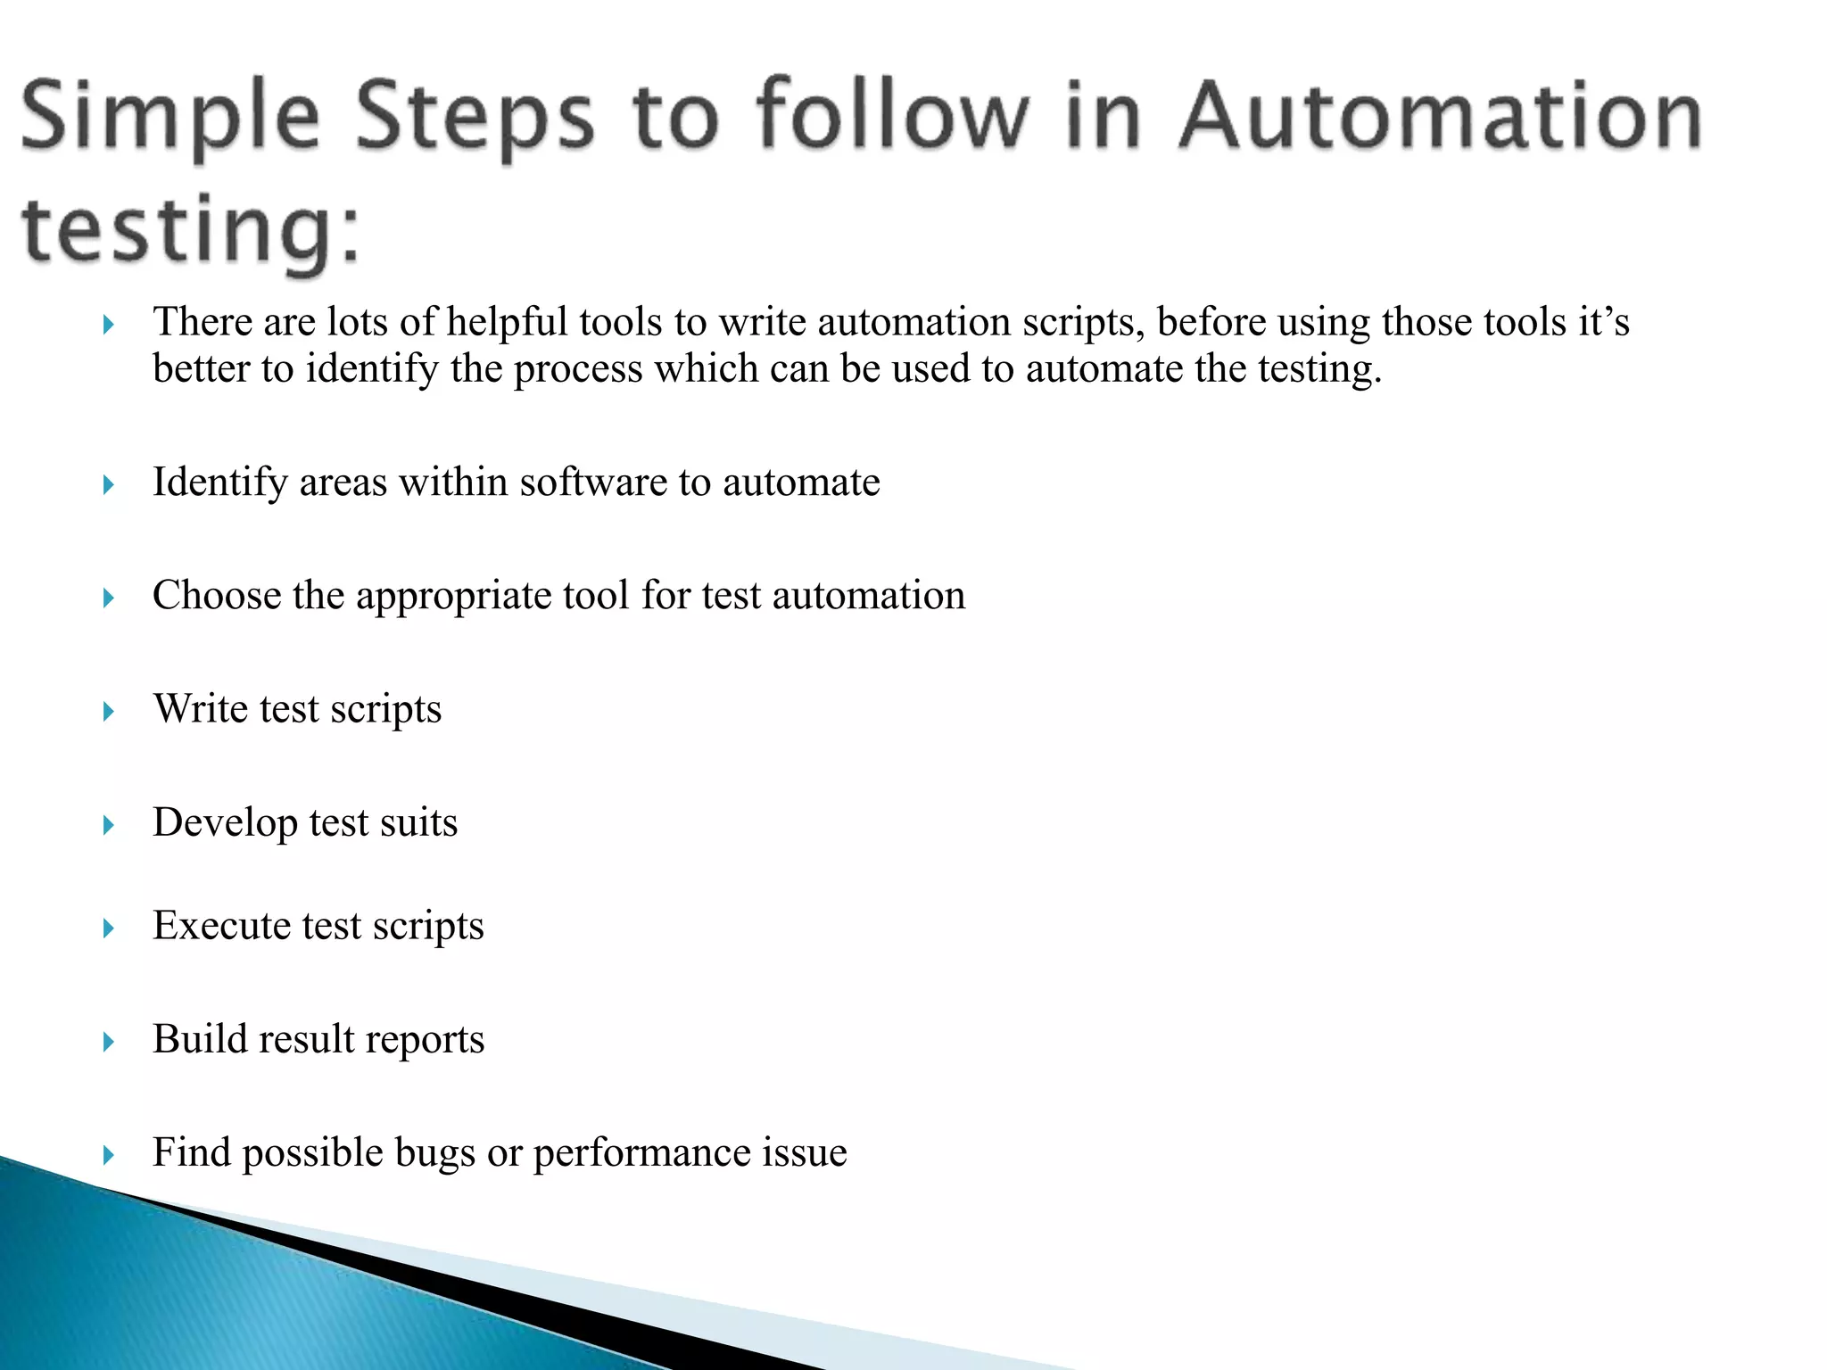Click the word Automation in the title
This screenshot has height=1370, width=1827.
point(1440,117)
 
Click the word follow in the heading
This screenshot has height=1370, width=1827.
point(893,115)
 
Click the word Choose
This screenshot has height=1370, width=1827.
point(216,595)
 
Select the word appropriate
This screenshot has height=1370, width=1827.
point(453,597)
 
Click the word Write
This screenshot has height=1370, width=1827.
point(200,709)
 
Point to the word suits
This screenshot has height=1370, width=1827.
point(418,822)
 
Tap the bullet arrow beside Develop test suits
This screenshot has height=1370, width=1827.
point(109,825)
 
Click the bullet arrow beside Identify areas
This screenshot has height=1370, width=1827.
point(109,485)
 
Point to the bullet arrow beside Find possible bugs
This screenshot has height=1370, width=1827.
point(109,1156)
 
